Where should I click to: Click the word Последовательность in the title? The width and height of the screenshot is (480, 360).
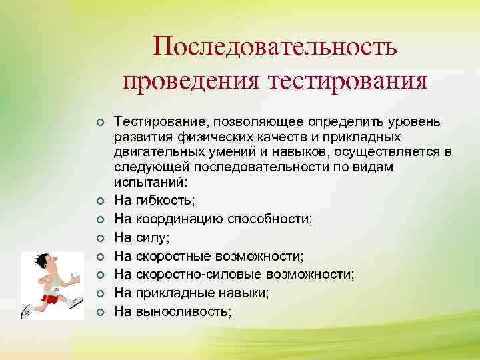coord(275,46)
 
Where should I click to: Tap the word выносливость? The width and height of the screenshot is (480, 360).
coord(183,310)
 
